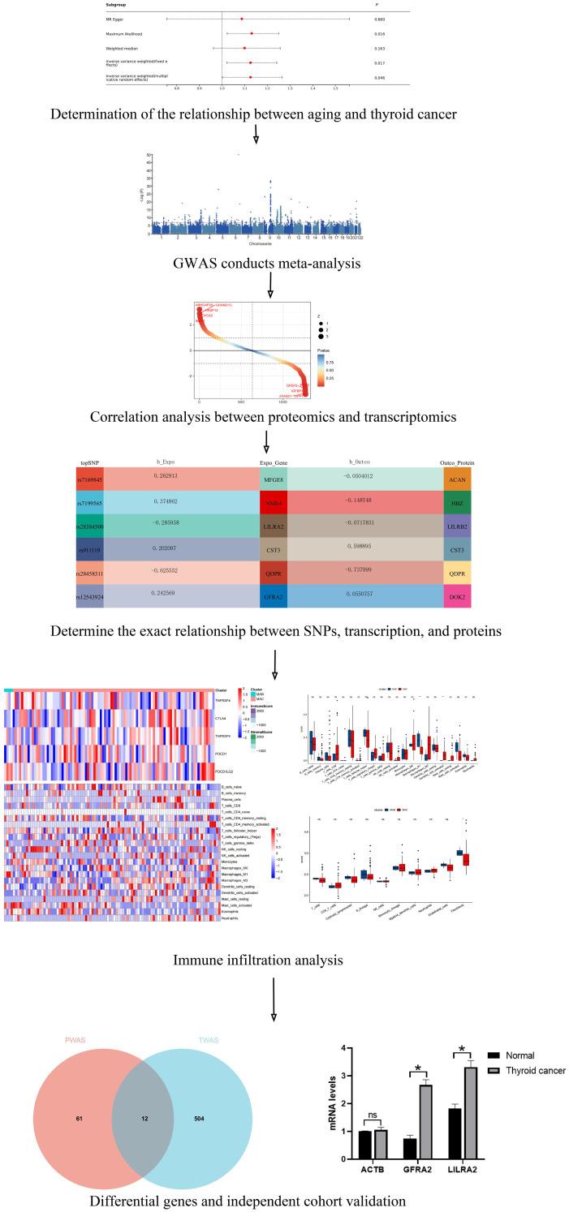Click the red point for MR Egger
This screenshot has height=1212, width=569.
click(x=242, y=18)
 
